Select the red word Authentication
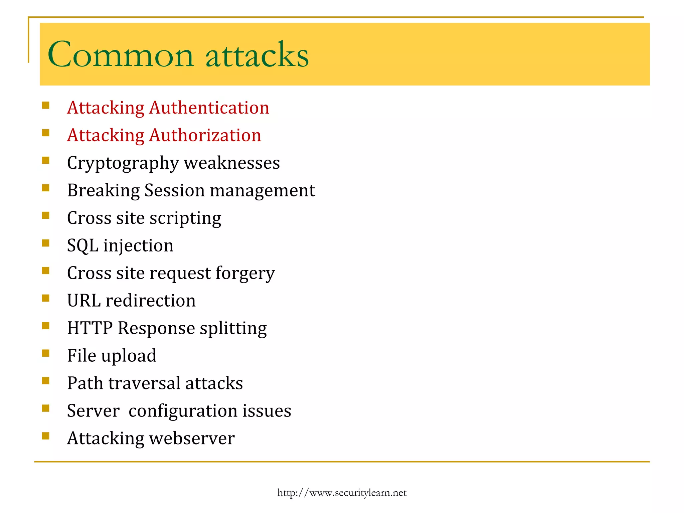[x=209, y=108]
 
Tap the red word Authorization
[x=205, y=136]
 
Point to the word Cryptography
[x=123, y=164]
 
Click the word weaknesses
[x=232, y=163]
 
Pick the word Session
[x=174, y=191]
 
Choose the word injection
[x=138, y=246]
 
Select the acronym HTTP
[x=90, y=328]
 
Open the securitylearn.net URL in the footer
[x=342, y=493]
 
